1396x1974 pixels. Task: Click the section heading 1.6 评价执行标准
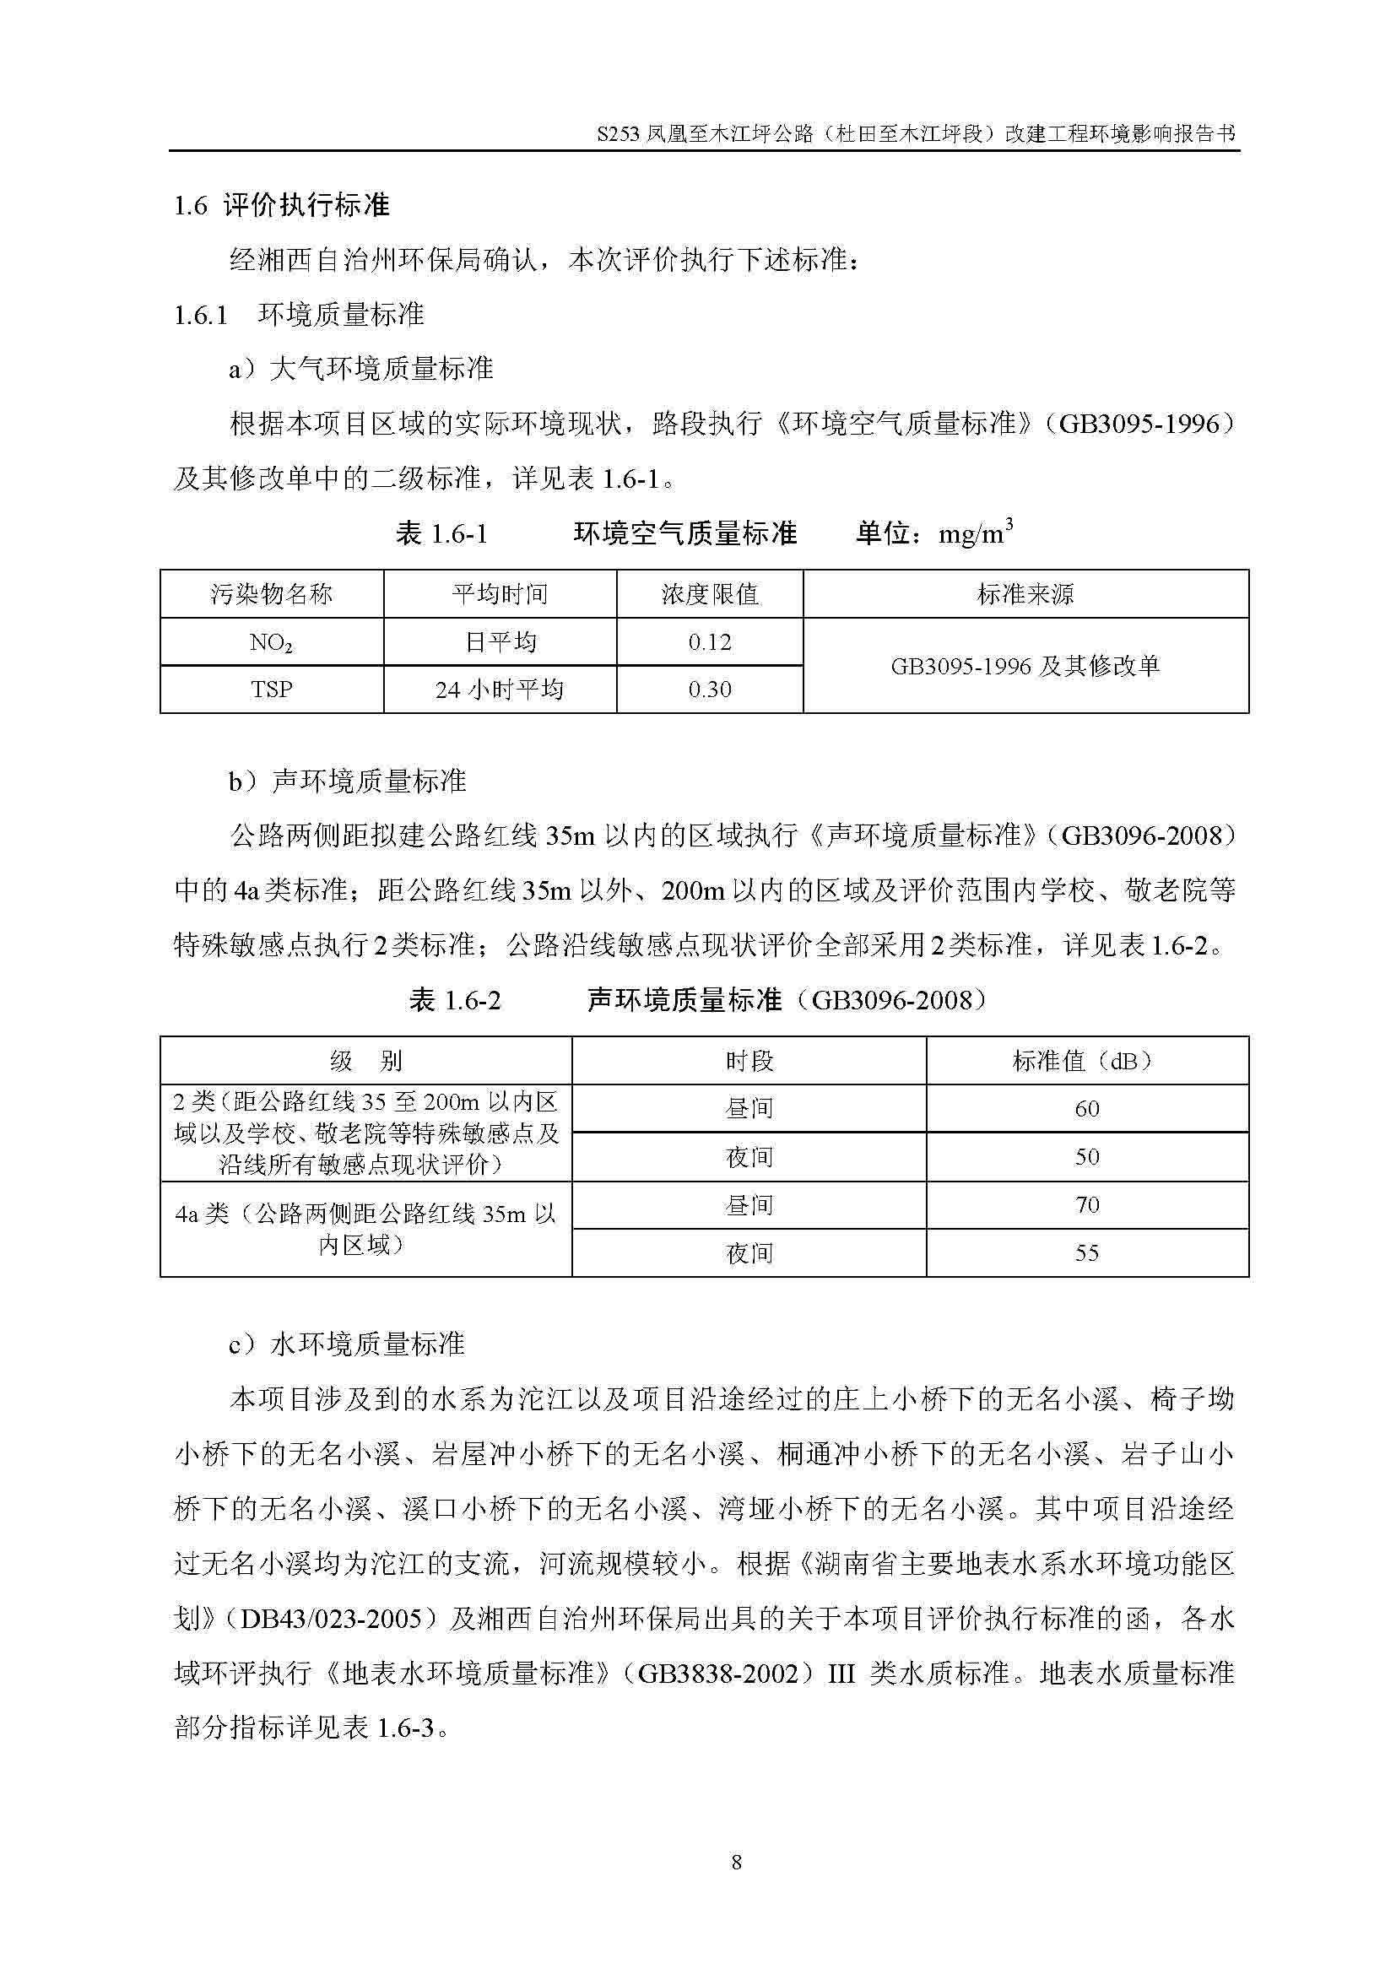coord(282,205)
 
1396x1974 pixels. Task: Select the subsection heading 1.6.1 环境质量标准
coord(299,315)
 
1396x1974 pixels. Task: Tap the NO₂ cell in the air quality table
coord(272,643)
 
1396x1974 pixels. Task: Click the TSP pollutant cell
coord(272,690)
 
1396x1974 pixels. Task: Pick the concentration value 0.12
coord(710,642)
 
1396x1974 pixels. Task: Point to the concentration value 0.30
coord(710,690)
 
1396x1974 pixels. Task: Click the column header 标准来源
coord(1025,594)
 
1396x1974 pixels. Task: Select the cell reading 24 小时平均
coord(500,690)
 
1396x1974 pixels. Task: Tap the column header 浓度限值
coord(710,594)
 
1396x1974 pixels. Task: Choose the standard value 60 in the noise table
coord(1086,1109)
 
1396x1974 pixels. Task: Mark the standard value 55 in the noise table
coord(1086,1253)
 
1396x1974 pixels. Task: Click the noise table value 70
coord(1086,1205)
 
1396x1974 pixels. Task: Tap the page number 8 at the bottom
coord(736,1863)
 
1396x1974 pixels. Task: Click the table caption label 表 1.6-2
coord(455,1001)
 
